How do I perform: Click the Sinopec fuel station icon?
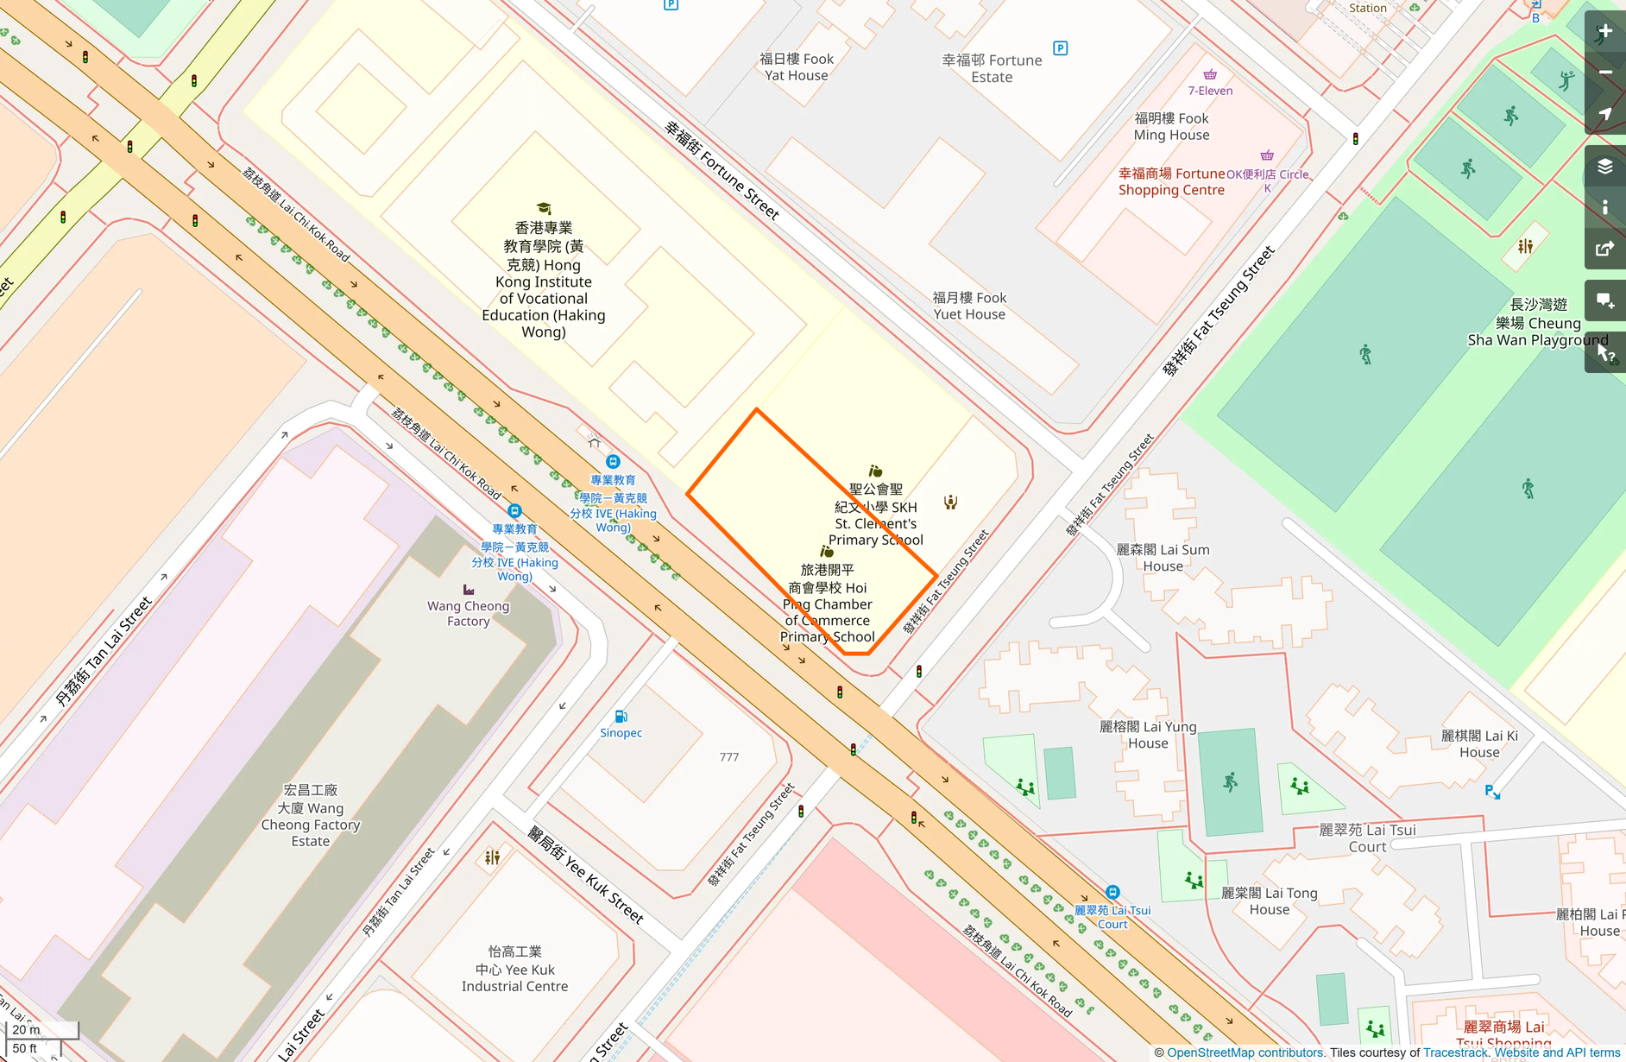tap(621, 717)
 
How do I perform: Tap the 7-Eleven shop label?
tap(1210, 91)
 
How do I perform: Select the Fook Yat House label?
tap(796, 67)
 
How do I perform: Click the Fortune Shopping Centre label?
tap(1171, 182)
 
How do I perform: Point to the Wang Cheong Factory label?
tap(468, 613)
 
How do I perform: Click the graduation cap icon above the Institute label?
tap(544, 208)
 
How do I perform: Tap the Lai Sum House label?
tap(1163, 558)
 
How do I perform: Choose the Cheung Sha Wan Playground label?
tap(1538, 323)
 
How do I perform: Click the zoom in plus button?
tap(1604, 32)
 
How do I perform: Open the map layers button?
tap(1604, 167)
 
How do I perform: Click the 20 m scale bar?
tap(41, 1029)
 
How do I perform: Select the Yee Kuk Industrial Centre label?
tap(514, 969)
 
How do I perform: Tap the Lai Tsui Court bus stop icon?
tap(1112, 892)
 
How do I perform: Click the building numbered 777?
tap(728, 757)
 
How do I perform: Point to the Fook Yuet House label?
tap(969, 306)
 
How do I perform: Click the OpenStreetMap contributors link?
tap(1245, 1053)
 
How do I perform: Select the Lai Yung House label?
tap(1148, 735)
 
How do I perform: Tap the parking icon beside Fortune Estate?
tap(1061, 48)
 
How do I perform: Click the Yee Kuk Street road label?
tap(586, 874)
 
